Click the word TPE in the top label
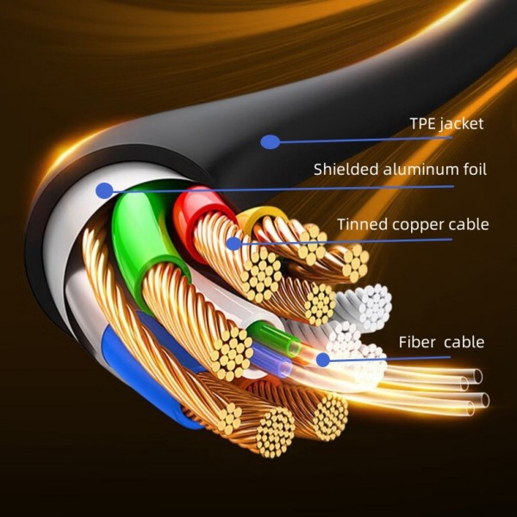point(423,123)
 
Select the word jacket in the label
point(462,124)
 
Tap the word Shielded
point(346,170)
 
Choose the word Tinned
point(362,225)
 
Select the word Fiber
point(417,342)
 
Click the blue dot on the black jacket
point(271,141)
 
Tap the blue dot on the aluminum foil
point(105,190)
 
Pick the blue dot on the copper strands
point(234,244)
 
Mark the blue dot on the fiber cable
point(323,359)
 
